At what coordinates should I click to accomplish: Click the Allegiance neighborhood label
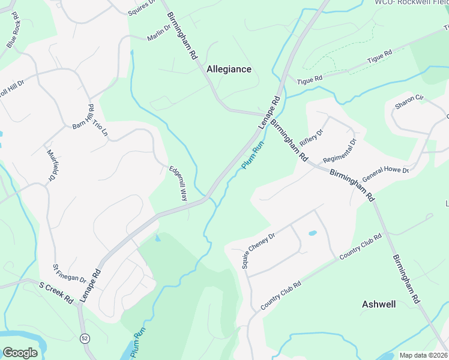pos(229,69)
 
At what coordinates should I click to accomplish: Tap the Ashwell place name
pos(379,304)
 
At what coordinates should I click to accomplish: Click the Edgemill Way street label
pos(178,183)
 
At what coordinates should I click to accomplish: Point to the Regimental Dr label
pos(340,151)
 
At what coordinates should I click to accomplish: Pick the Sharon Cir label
pos(409,101)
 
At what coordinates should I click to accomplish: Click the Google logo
pos(20,352)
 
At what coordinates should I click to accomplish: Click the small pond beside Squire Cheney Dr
pos(312,233)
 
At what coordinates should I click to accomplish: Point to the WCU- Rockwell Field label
pos(411,2)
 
